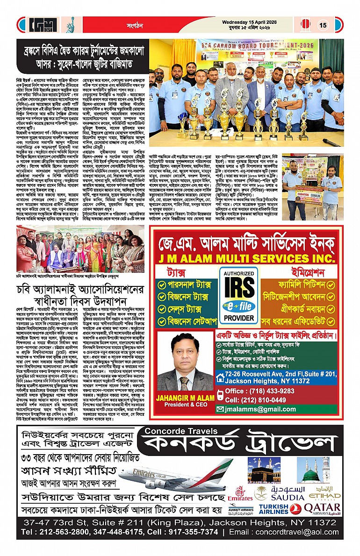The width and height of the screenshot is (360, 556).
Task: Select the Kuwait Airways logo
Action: [x=241, y=509]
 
